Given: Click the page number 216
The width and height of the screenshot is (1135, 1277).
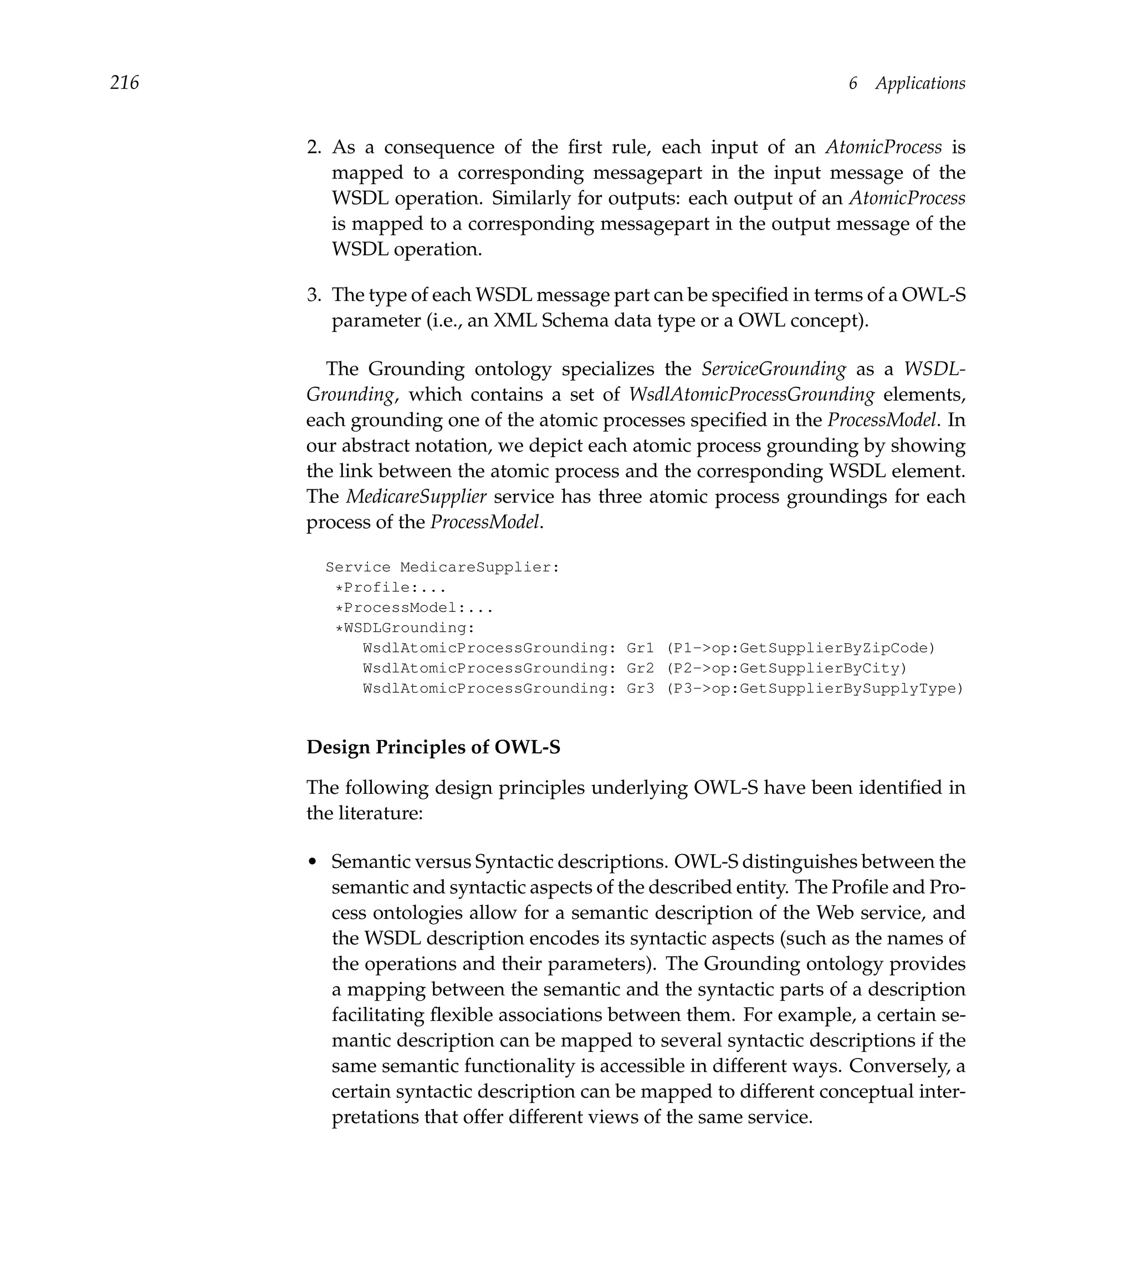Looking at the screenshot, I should pos(124,83).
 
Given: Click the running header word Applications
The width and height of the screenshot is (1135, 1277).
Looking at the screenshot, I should pos(919,83).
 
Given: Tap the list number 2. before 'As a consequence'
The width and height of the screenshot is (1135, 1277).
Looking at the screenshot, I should pos(314,147).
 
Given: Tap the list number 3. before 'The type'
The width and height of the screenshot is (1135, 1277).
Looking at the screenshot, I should pos(314,295).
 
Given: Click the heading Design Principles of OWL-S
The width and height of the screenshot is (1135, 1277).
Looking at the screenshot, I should pos(433,747).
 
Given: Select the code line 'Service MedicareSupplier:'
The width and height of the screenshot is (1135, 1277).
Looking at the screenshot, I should pos(442,567).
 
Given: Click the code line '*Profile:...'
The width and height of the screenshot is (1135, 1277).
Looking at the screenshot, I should pos(390,588).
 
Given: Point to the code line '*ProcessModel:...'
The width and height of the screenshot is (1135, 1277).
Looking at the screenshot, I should pos(414,608).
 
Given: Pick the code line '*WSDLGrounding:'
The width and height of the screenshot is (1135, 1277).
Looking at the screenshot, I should pos(405,628).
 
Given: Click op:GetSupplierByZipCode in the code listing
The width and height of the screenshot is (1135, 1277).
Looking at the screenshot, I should pos(820,648).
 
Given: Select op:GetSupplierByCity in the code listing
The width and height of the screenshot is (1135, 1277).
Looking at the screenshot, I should pos(806,668).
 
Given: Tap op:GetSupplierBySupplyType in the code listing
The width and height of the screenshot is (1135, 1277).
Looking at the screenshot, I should pos(834,688).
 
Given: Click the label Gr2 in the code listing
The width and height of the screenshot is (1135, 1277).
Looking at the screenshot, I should pos(640,668).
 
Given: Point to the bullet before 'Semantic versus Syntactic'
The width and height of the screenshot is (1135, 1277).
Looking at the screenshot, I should pos(313,863).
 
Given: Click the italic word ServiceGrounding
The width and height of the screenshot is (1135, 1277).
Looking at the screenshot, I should pos(773,369).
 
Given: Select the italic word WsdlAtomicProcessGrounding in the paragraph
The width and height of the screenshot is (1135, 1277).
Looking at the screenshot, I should pos(751,395).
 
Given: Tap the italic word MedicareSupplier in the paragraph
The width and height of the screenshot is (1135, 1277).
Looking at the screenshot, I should pos(416,497).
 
